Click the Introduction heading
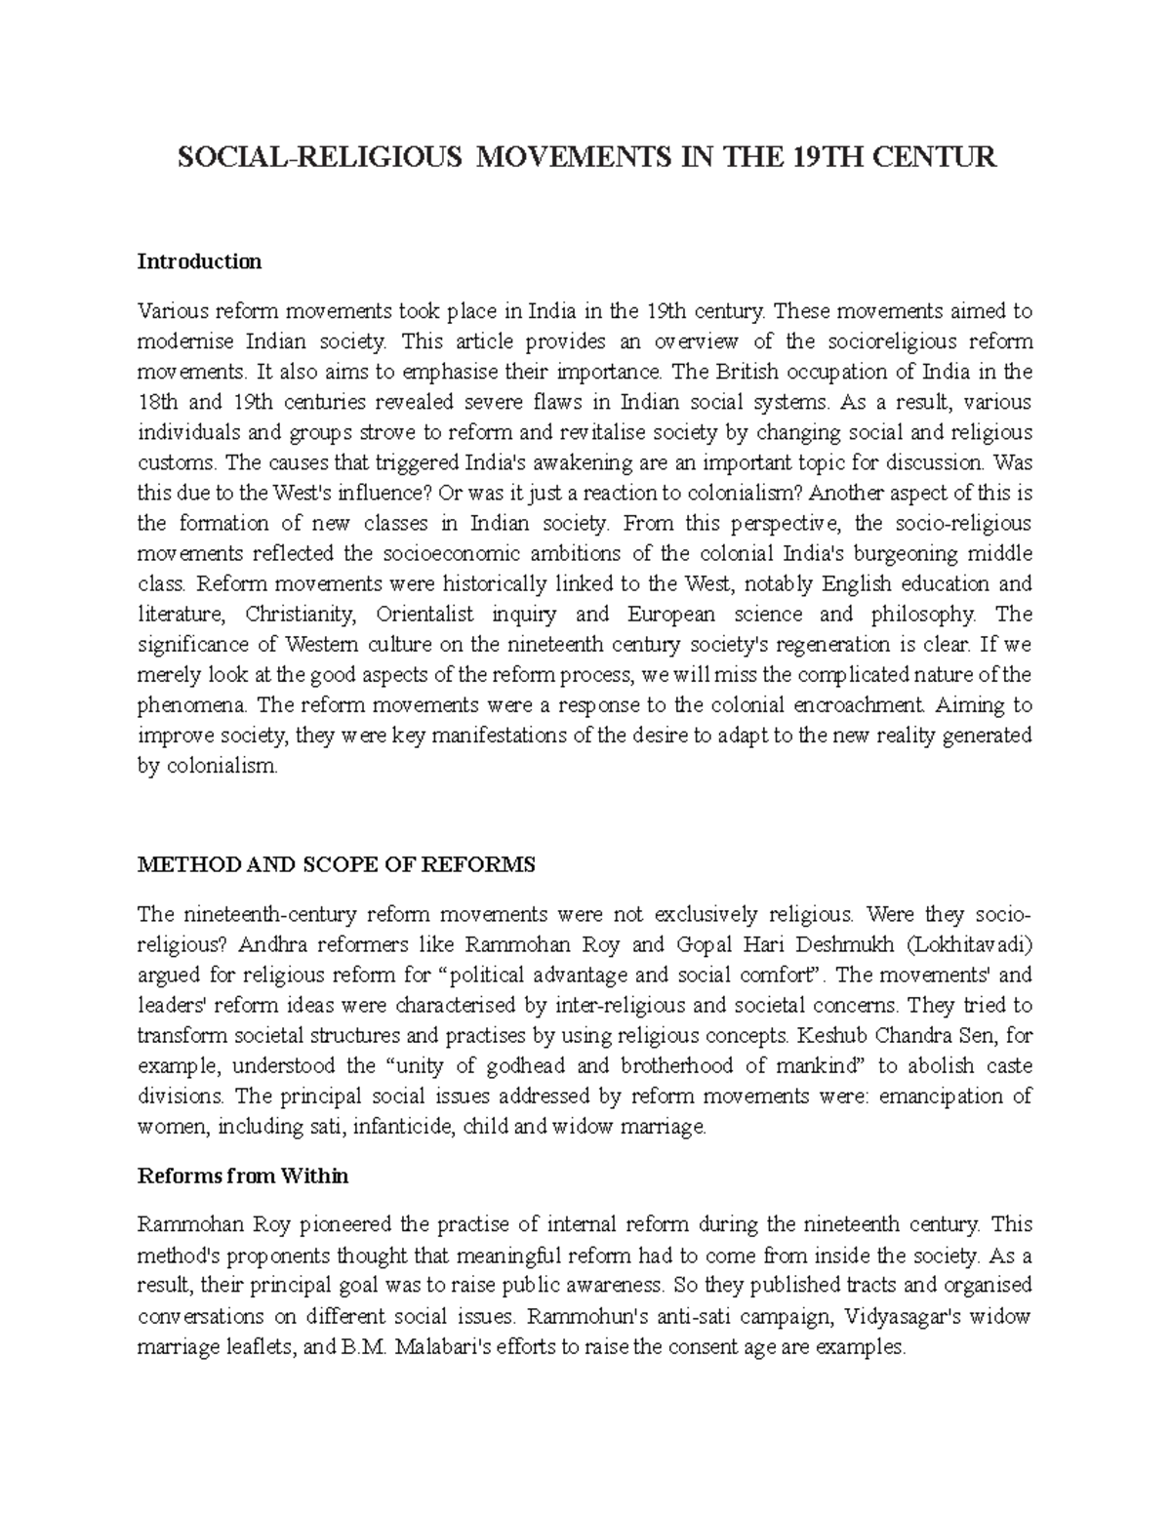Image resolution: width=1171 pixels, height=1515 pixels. [199, 261]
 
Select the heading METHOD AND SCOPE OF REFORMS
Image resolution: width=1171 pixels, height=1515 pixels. [337, 864]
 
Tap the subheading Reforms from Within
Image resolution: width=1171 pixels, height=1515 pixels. [243, 1176]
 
